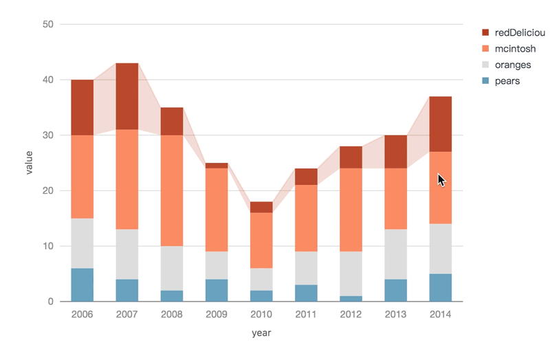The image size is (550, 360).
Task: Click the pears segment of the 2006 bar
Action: click(x=82, y=284)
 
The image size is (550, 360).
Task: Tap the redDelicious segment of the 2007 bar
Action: click(x=127, y=96)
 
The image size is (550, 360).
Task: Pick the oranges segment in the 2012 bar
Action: click(x=351, y=273)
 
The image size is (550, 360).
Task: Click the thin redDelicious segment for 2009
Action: click(x=217, y=166)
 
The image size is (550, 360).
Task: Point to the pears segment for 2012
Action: click(x=351, y=299)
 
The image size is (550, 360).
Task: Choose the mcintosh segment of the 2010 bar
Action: click(x=261, y=240)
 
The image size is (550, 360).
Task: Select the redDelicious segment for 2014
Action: click(x=440, y=124)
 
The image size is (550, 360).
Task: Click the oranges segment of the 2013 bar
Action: click(x=395, y=254)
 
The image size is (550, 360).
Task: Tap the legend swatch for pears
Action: click(x=485, y=81)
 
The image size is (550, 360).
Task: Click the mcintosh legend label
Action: click(x=514, y=49)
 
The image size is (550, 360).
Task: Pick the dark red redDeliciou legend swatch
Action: click(x=485, y=32)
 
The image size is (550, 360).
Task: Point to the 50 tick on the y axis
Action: click(x=48, y=25)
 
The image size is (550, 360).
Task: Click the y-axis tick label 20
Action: click(x=48, y=191)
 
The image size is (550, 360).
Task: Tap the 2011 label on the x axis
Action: click(x=306, y=315)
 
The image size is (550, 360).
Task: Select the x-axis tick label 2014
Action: click(x=440, y=315)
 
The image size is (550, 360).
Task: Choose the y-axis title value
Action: click(x=29, y=162)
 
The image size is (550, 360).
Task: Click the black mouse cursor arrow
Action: click(x=441, y=180)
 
